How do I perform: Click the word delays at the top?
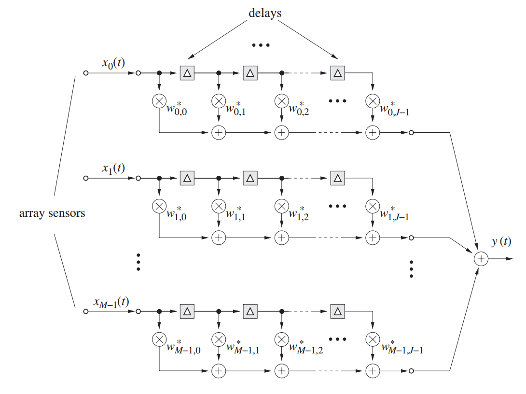(264, 13)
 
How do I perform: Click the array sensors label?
(52, 213)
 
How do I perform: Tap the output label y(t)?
(501, 242)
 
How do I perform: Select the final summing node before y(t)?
(481, 259)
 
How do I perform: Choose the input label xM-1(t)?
(111, 302)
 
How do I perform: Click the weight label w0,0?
(178, 109)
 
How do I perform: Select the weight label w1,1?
(236, 213)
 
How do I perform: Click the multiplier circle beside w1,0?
(159, 206)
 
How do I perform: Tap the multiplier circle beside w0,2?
(281, 101)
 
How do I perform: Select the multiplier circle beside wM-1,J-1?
(372, 339)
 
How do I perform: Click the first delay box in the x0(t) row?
(187, 73)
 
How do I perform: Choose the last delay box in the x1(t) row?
(338, 178)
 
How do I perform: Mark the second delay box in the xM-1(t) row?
(250, 311)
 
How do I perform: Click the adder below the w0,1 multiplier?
(219, 133)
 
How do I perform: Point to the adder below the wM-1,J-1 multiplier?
(372, 371)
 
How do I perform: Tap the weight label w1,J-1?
(395, 213)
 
